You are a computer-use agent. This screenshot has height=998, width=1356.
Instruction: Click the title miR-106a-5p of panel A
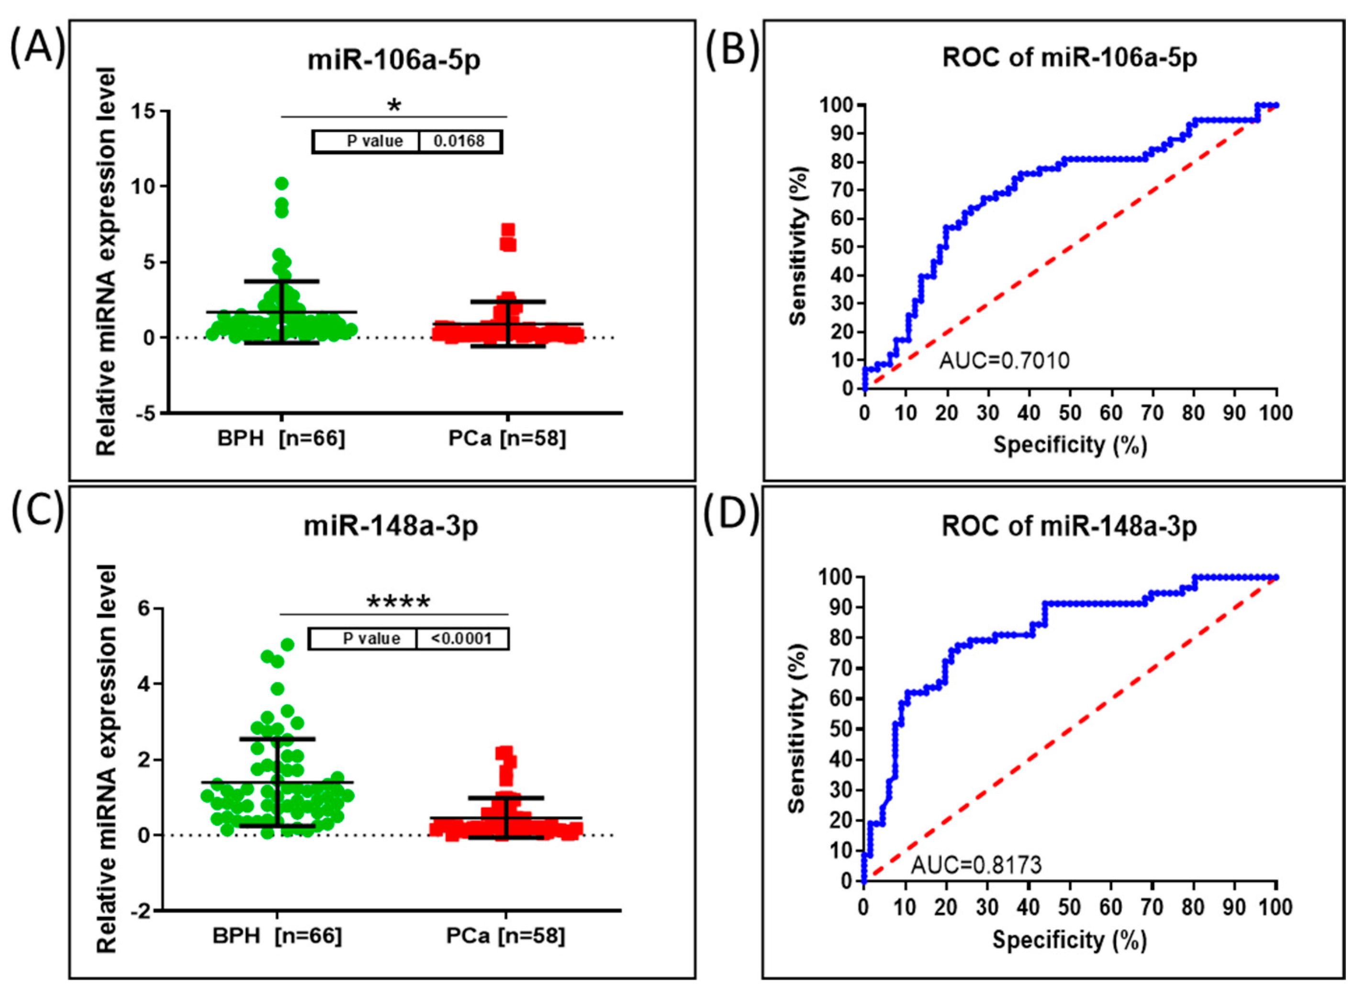click(394, 61)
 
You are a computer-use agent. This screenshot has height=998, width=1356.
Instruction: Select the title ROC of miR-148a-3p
click(1069, 526)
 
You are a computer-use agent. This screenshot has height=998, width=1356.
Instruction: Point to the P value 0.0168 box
click(407, 141)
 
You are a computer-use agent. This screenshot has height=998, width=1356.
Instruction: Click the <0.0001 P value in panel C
click(462, 639)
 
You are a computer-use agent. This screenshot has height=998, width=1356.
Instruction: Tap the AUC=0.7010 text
click(1004, 361)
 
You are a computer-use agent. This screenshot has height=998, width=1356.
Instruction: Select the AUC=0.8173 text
click(976, 865)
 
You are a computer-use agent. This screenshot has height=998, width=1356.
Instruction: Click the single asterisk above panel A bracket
click(394, 106)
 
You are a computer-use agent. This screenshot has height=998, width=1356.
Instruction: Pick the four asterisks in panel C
click(398, 602)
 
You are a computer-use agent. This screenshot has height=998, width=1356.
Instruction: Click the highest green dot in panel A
click(281, 183)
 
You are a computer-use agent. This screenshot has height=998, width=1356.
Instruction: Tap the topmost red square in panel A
click(508, 230)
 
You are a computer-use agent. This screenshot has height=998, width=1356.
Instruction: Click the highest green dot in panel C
click(288, 644)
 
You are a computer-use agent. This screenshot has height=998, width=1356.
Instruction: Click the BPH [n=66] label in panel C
click(277, 936)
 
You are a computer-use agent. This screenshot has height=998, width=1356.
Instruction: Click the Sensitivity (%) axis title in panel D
click(797, 728)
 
